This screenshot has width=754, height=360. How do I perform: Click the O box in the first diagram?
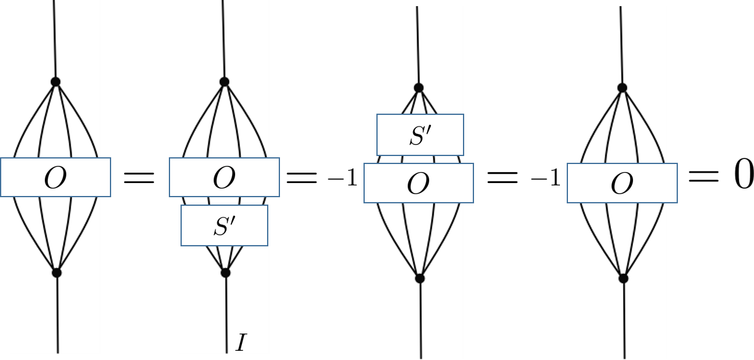point(55,178)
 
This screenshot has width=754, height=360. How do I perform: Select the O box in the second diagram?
point(224,178)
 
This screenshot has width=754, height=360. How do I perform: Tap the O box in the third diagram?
point(419,183)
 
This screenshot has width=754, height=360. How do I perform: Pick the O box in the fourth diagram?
point(622,183)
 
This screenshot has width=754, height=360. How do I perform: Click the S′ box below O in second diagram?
point(224,225)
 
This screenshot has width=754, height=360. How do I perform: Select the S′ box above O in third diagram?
point(420,135)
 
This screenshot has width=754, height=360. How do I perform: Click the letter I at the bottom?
point(241,342)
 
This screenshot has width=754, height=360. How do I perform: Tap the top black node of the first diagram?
point(55,82)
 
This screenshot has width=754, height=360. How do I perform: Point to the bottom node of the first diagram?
point(56,272)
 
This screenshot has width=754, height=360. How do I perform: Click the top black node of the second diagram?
point(224,82)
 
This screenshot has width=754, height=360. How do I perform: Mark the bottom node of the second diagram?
point(225,272)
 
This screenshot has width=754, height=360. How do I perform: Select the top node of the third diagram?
point(419,88)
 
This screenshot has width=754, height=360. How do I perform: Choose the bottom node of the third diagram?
point(420,278)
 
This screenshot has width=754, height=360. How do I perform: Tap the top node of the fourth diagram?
point(622,88)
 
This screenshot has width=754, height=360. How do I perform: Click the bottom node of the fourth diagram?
point(623,278)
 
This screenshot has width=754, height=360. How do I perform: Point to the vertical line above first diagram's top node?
point(55,37)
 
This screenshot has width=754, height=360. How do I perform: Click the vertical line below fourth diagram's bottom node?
point(624,319)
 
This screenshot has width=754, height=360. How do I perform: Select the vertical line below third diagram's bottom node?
point(421,319)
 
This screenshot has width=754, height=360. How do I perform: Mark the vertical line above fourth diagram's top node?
point(621,43)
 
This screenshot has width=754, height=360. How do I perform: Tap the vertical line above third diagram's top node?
point(418,43)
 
